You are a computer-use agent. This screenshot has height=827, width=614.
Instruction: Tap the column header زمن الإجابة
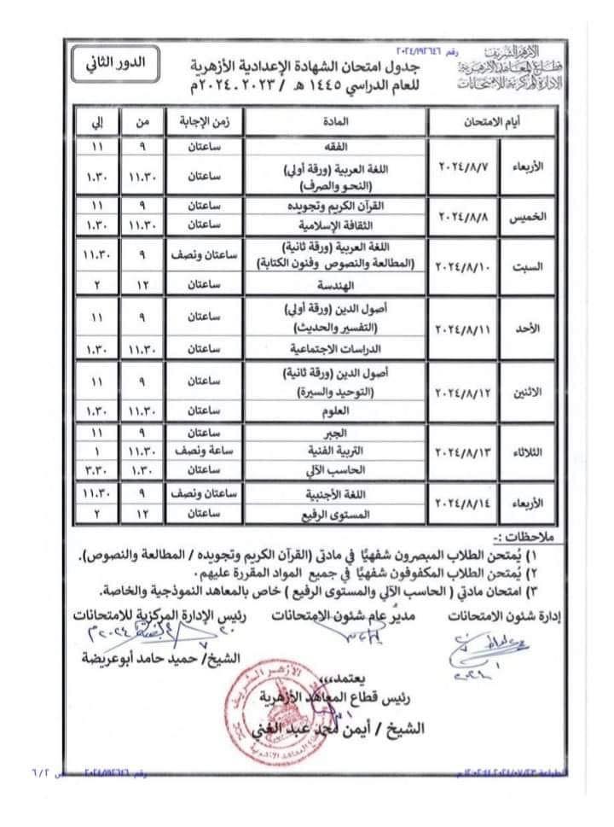pyautogui.click(x=203, y=124)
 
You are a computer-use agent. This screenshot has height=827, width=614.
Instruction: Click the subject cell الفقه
pyautogui.click(x=334, y=146)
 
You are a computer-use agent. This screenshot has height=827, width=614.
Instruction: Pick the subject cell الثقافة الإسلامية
pyautogui.click(x=334, y=224)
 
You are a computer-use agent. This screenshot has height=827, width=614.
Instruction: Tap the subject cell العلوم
pyautogui.click(x=334, y=411)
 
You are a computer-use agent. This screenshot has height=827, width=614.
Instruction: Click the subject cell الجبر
pyautogui.click(x=334, y=433)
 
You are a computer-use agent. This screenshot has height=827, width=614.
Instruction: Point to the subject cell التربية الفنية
pyautogui.click(x=334, y=449)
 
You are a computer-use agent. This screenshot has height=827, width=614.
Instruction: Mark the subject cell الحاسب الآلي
pyautogui.click(x=334, y=467)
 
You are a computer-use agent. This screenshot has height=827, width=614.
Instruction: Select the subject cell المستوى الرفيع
pyautogui.click(x=334, y=514)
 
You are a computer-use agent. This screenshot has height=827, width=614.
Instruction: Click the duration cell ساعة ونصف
pyautogui.click(x=203, y=449)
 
